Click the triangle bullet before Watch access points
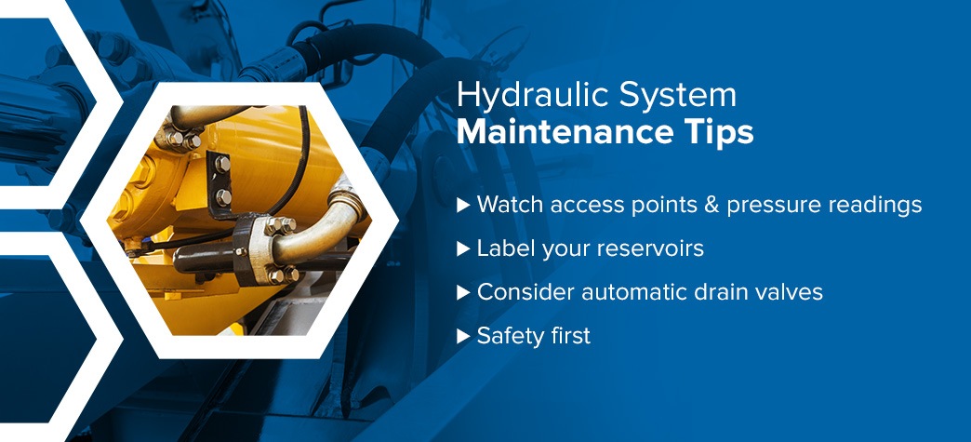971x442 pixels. tap(463, 206)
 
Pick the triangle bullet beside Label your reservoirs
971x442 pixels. tap(463, 249)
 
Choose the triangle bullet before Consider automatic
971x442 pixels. tap(463, 292)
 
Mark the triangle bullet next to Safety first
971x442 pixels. tap(463, 336)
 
